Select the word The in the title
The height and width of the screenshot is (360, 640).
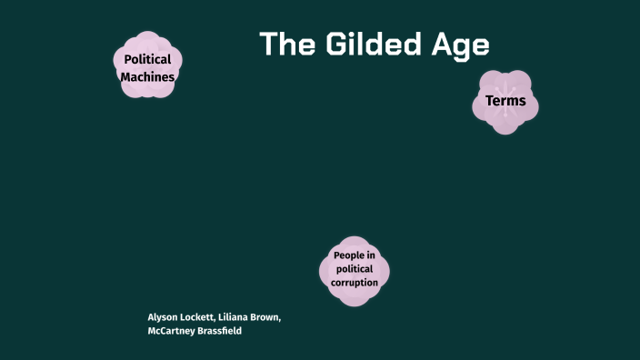285,45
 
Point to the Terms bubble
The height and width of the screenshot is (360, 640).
505,101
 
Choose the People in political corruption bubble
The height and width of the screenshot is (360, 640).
355,269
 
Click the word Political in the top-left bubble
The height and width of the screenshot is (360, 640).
148,60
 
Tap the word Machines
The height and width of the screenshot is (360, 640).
147,77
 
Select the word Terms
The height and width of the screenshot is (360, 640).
505,101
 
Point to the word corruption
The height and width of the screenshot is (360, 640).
355,283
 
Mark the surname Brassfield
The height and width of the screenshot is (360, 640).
221,331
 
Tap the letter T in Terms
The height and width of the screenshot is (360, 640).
489,101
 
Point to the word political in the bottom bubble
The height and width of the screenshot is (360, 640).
355,269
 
